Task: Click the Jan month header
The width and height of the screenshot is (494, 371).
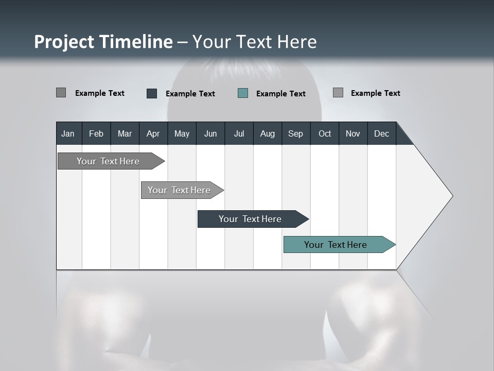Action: (x=68, y=134)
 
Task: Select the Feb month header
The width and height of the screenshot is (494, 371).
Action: (x=96, y=134)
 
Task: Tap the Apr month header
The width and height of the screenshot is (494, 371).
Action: (x=153, y=134)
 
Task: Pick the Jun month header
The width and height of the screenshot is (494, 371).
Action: (x=210, y=134)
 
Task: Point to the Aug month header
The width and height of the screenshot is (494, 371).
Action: (x=267, y=134)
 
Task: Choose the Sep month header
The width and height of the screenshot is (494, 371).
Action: (x=295, y=134)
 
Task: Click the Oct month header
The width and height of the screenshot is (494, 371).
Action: (x=325, y=134)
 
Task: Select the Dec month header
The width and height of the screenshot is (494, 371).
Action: (x=381, y=134)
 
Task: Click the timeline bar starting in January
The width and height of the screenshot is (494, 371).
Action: (x=108, y=161)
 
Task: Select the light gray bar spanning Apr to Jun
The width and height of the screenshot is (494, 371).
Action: (x=179, y=190)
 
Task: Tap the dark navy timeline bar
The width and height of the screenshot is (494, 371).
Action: (x=250, y=219)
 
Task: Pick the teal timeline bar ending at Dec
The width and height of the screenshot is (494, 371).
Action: (x=336, y=245)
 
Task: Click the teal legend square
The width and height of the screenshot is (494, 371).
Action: (x=243, y=93)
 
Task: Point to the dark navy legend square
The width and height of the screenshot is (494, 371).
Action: (x=152, y=93)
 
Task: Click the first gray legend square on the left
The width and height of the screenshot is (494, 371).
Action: (x=61, y=93)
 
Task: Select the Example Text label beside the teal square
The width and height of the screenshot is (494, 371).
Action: (x=281, y=94)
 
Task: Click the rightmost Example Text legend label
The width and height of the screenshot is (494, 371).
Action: (x=375, y=93)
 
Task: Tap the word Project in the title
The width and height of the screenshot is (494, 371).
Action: (x=64, y=42)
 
